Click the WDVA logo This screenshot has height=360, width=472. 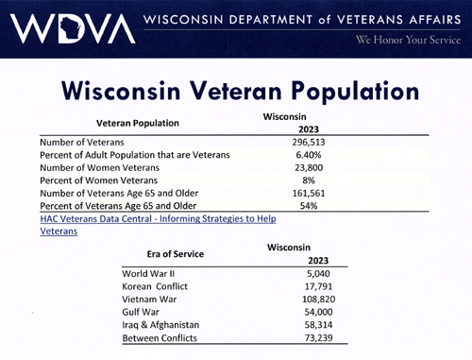coord(73,28)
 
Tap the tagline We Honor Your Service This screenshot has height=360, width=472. coord(408,40)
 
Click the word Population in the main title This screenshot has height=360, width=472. coord(355,92)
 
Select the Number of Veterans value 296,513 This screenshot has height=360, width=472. coord(309,142)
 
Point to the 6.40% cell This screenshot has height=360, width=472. coord(309,155)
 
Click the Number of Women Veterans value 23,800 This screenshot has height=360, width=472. coord(309,167)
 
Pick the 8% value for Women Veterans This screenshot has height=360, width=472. coord(309,180)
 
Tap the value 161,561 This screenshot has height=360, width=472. coord(309,193)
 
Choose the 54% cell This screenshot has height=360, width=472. coord(309,206)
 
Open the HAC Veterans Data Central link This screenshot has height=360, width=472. coord(158,225)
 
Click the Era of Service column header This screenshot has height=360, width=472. coord(176,254)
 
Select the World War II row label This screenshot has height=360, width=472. coord(148,273)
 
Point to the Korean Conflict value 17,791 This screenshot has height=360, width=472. coord(318,286)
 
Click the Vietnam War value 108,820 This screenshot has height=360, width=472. coord(319,299)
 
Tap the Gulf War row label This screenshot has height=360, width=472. coord(141,312)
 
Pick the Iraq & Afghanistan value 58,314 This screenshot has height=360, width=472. coord(318,325)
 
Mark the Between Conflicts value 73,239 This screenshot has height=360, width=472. coord(318,337)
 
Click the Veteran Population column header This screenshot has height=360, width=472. coord(138,123)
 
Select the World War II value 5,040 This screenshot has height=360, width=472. coord(318,273)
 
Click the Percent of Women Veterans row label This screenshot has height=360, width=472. coord(98,180)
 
